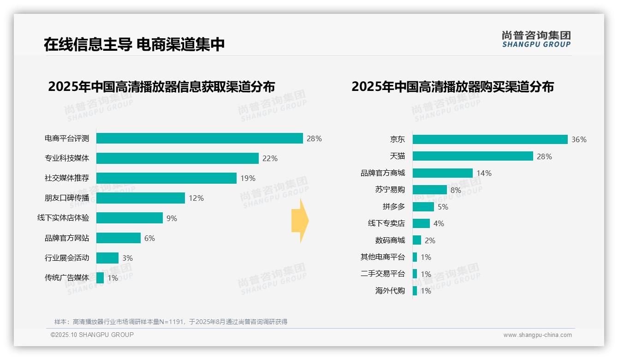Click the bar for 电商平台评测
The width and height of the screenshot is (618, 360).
[x=199, y=138]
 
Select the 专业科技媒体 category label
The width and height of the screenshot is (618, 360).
[x=67, y=158]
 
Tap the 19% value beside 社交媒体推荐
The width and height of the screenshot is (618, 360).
[x=248, y=178]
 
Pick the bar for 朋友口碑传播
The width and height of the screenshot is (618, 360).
[x=140, y=198]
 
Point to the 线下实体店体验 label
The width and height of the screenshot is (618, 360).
[x=63, y=218]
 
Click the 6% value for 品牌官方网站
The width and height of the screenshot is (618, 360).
[x=149, y=238]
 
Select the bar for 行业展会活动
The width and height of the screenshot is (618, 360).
[x=107, y=258]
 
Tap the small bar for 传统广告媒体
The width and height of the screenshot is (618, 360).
[x=100, y=278]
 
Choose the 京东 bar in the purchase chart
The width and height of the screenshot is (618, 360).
[x=490, y=139]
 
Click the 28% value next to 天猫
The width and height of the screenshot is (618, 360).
[x=544, y=156]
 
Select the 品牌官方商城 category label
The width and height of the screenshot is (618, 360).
[x=383, y=173]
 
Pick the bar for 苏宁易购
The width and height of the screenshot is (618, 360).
[x=429, y=190]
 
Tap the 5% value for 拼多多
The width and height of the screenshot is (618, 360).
[x=443, y=207]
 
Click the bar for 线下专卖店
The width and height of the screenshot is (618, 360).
[x=421, y=223]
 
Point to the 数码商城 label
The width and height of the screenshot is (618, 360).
[x=390, y=240]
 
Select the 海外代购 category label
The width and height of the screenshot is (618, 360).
[x=390, y=291]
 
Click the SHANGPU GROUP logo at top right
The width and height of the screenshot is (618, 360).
[x=536, y=39]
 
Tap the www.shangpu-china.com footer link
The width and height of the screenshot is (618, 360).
[x=537, y=335]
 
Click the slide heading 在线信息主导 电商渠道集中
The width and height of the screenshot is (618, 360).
[x=134, y=44]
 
